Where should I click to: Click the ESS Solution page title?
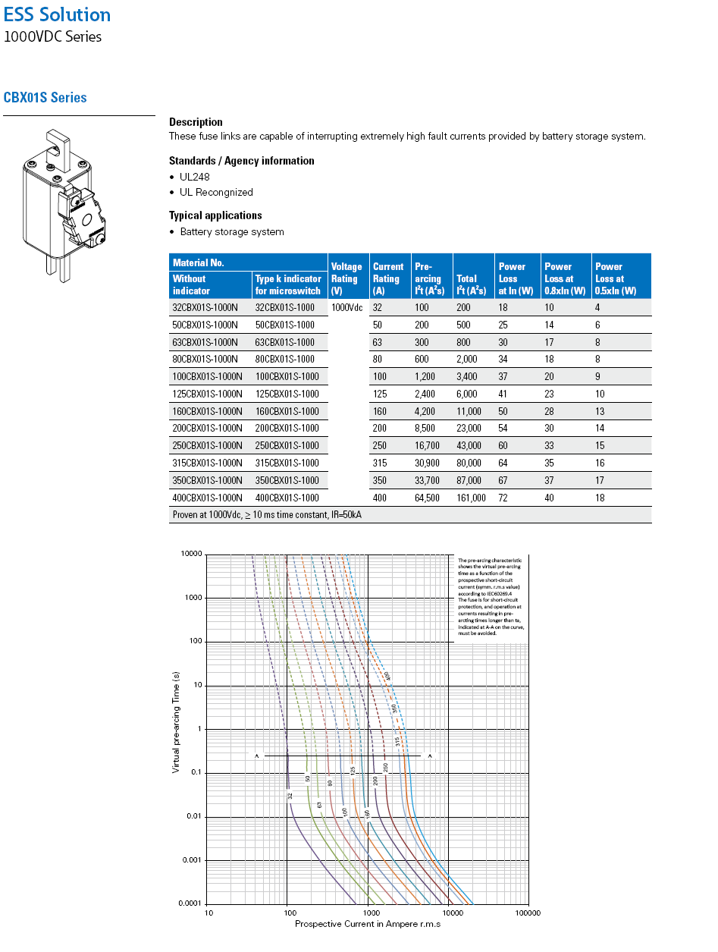tap(58, 15)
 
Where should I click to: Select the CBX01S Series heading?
tap(45, 98)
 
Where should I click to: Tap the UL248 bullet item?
tap(196, 177)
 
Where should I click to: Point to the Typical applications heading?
tap(215, 215)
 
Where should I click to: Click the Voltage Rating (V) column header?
tap(347, 278)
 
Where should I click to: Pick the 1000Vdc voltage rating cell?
tap(347, 307)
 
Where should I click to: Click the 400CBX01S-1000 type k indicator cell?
tap(287, 498)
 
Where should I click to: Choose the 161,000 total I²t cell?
tap(471, 498)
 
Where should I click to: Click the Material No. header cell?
tap(199, 262)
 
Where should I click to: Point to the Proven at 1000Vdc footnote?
tap(268, 515)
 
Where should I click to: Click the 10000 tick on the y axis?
tap(191, 554)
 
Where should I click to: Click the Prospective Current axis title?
tap(368, 924)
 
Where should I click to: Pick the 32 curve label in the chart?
tap(290, 795)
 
